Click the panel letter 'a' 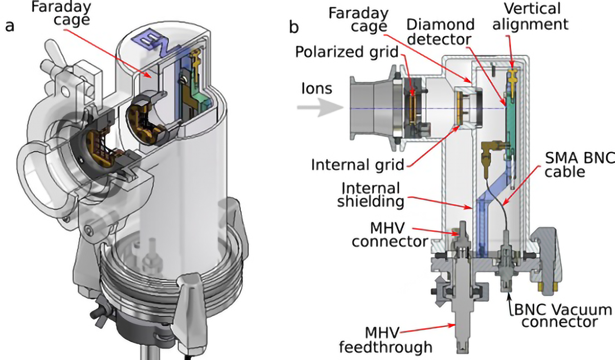click(x=10, y=27)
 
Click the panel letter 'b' click(x=294, y=27)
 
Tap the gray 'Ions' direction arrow click(x=320, y=107)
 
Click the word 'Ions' click(x=317, y=89)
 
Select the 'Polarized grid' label click(x=347, y=52)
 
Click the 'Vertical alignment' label click(x=530, y=17)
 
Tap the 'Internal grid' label click(x=357, y=165)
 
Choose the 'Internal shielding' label click(x=371, y=195)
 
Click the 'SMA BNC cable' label click(x=579, y=165)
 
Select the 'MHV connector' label click(x=390, y=235)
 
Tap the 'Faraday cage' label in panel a click(x=61, y=13)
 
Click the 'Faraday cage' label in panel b click(x=358, y=20)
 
